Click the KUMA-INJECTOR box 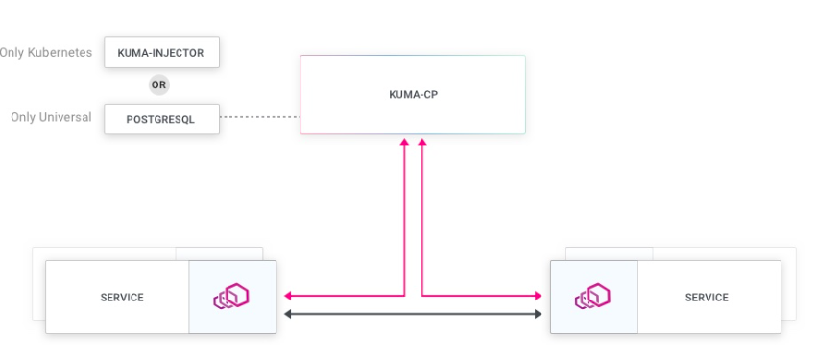point(161,53)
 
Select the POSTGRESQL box point(161,118)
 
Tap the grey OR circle point(160,85)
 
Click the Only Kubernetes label point(46,53)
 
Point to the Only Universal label point(51,118)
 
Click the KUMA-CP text point(413,95)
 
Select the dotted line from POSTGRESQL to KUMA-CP point(259,118)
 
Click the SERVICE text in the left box point(122,298)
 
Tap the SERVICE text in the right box point(707,298)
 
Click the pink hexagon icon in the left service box point(231,298)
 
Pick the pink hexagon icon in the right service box point(593,298)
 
